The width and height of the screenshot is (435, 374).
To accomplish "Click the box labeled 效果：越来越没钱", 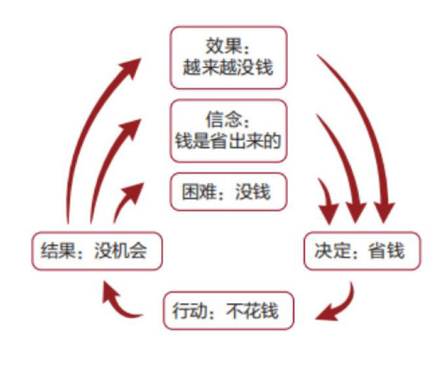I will [x=228, y=57].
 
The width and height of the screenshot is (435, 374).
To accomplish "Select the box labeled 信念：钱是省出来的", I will [x=228, y=130].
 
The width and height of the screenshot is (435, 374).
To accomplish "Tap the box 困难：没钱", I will [x=228, y=192].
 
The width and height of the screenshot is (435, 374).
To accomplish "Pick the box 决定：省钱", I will [x=362, y=250].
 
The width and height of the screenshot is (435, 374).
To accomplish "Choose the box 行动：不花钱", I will [x=228, y=310].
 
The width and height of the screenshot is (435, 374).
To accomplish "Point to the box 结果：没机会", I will [x=97, y=250].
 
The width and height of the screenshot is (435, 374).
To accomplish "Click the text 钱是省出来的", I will [x=228, y=140].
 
